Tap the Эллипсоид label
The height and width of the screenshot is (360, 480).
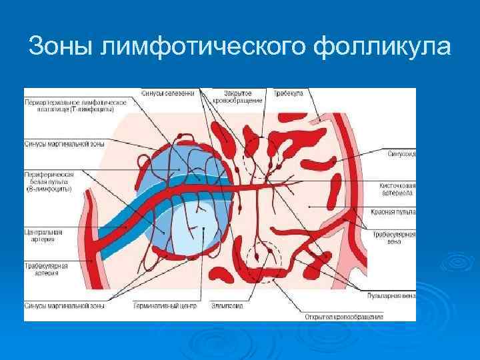tap(228, 307)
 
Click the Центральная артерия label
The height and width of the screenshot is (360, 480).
tap(43, 236)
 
